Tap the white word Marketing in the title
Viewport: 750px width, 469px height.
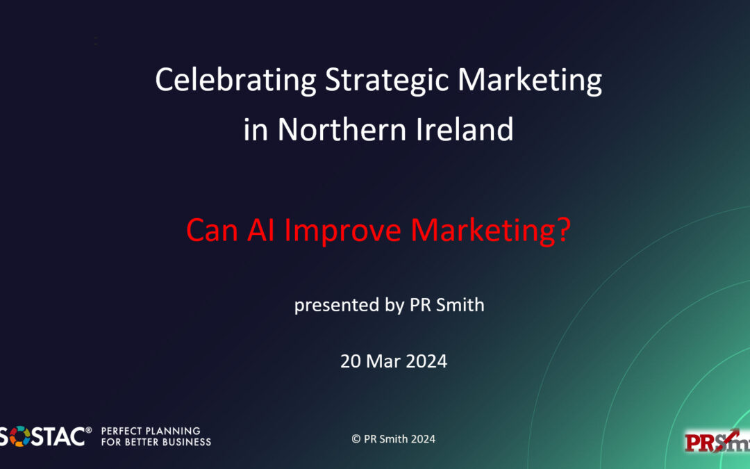click(529, 81)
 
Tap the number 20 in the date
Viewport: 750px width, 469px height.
click(350, 361)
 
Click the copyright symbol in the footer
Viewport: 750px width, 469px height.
click(356, 439)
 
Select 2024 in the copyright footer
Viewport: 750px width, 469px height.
click(422, 439)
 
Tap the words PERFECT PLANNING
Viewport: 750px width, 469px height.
click(151, 431)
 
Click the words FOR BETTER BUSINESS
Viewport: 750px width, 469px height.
click(156, 442)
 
